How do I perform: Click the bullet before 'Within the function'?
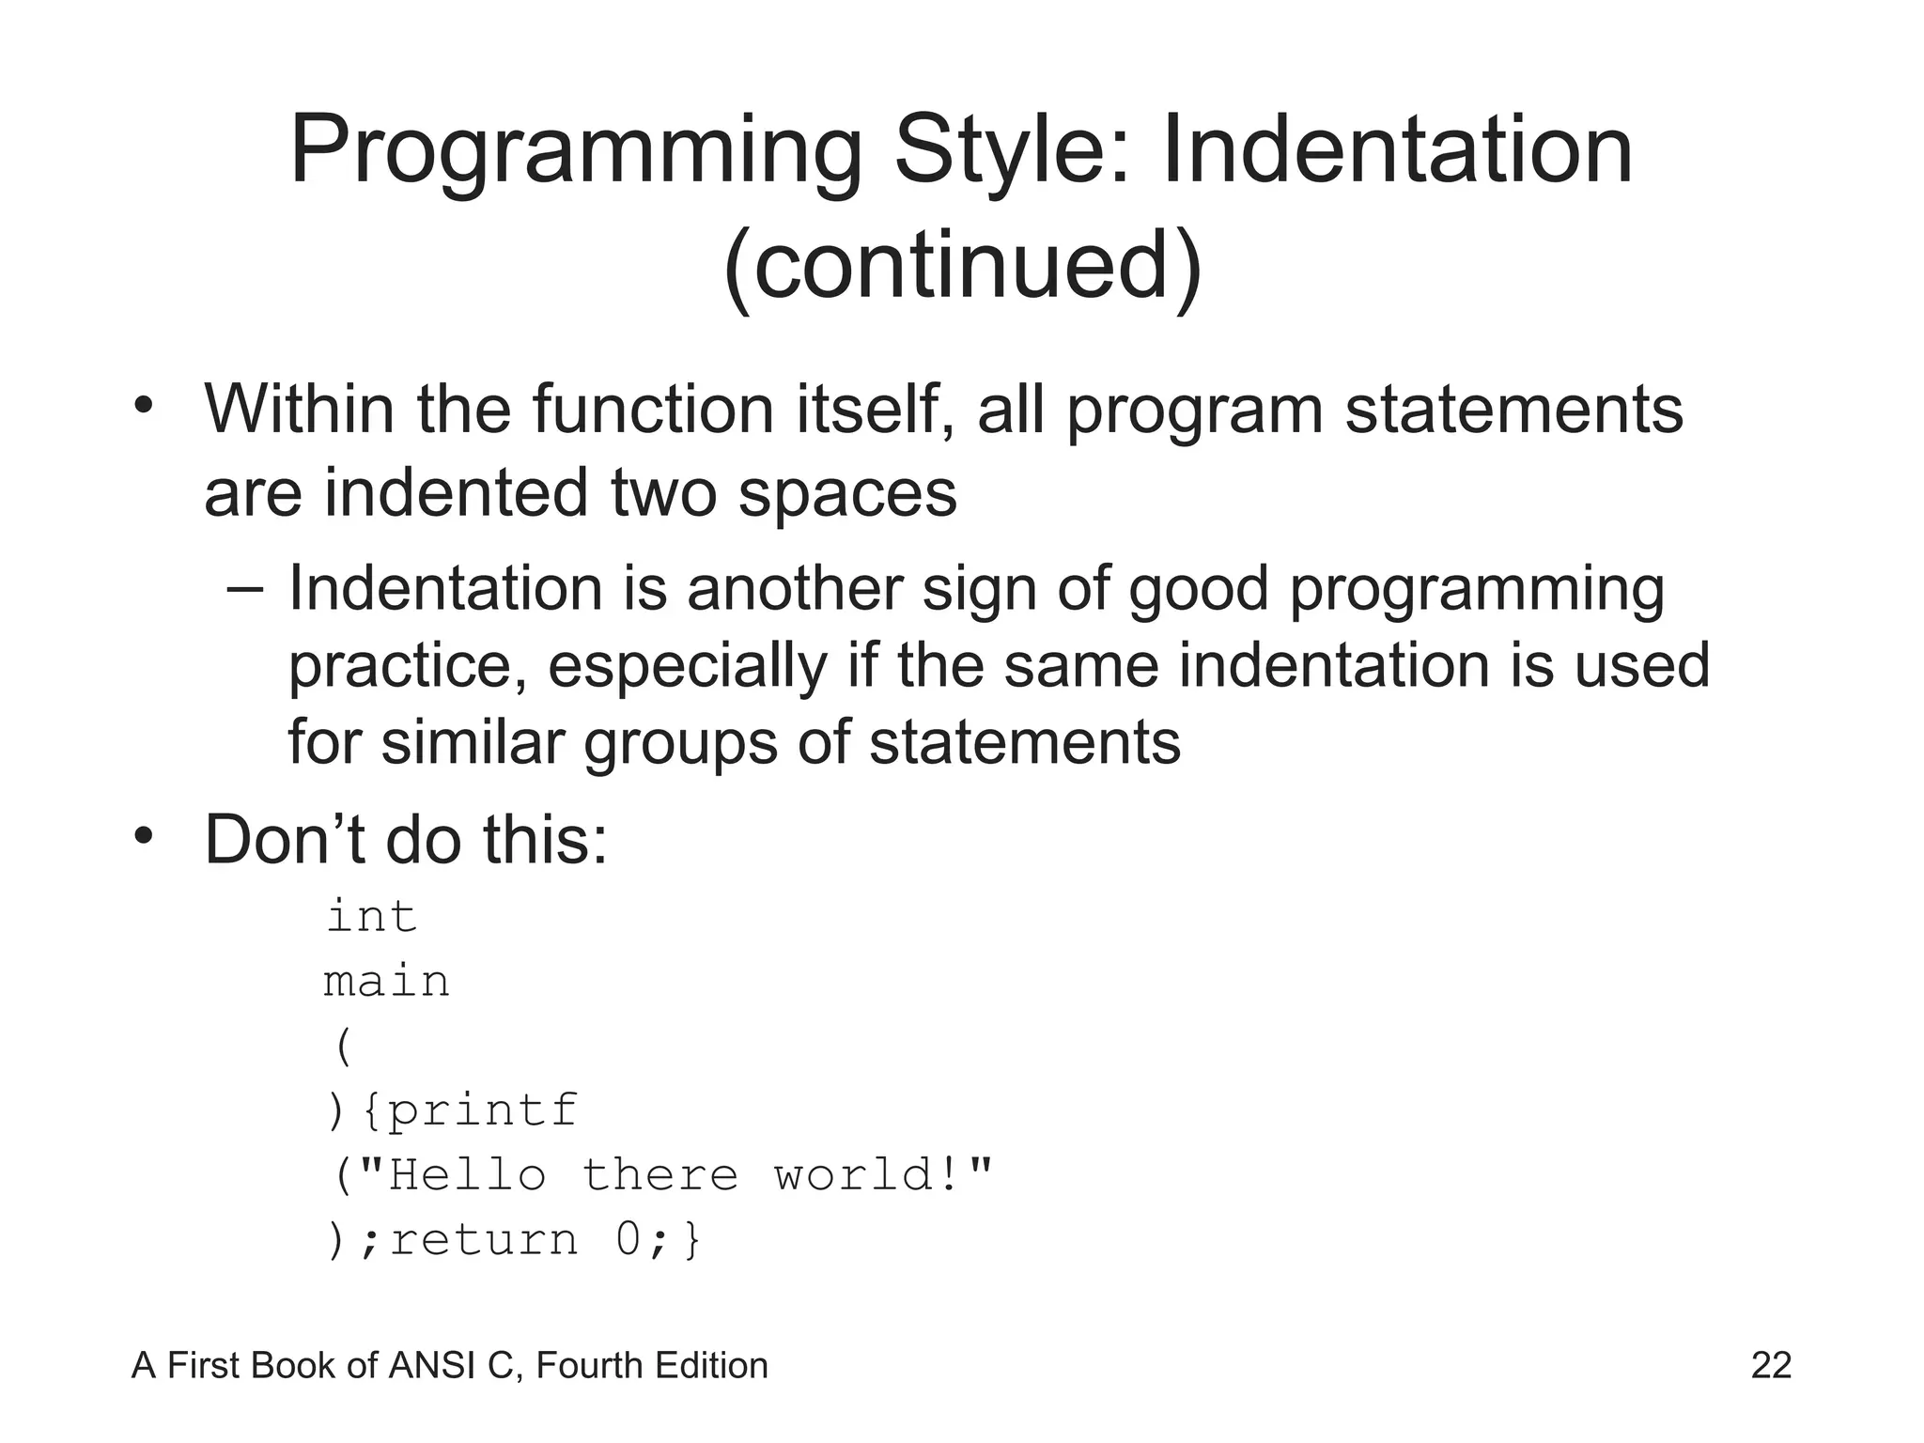pos(143,407)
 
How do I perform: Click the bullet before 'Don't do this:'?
pos(143,836)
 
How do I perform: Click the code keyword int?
pos(371,916)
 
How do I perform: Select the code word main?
pos(386,982)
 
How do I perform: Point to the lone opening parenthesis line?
pos(343,1046)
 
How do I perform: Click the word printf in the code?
pos(483,1110)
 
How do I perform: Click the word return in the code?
pos(484,1240)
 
